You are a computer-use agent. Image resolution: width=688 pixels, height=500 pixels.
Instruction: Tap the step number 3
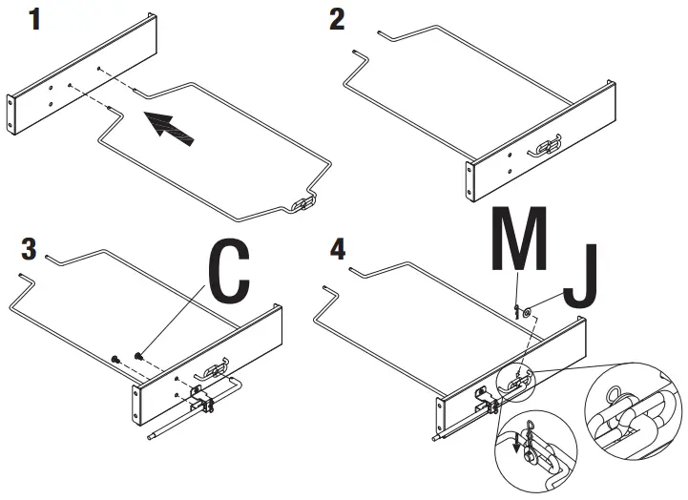(29, 249)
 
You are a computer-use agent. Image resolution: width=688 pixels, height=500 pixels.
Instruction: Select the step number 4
(337, 249)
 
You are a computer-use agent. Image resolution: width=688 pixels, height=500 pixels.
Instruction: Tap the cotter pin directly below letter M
(515, 311)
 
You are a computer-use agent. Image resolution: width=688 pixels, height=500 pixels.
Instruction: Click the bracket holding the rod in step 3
(202, 400)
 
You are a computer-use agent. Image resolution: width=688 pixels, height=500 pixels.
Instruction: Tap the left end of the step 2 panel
(469, 181)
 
